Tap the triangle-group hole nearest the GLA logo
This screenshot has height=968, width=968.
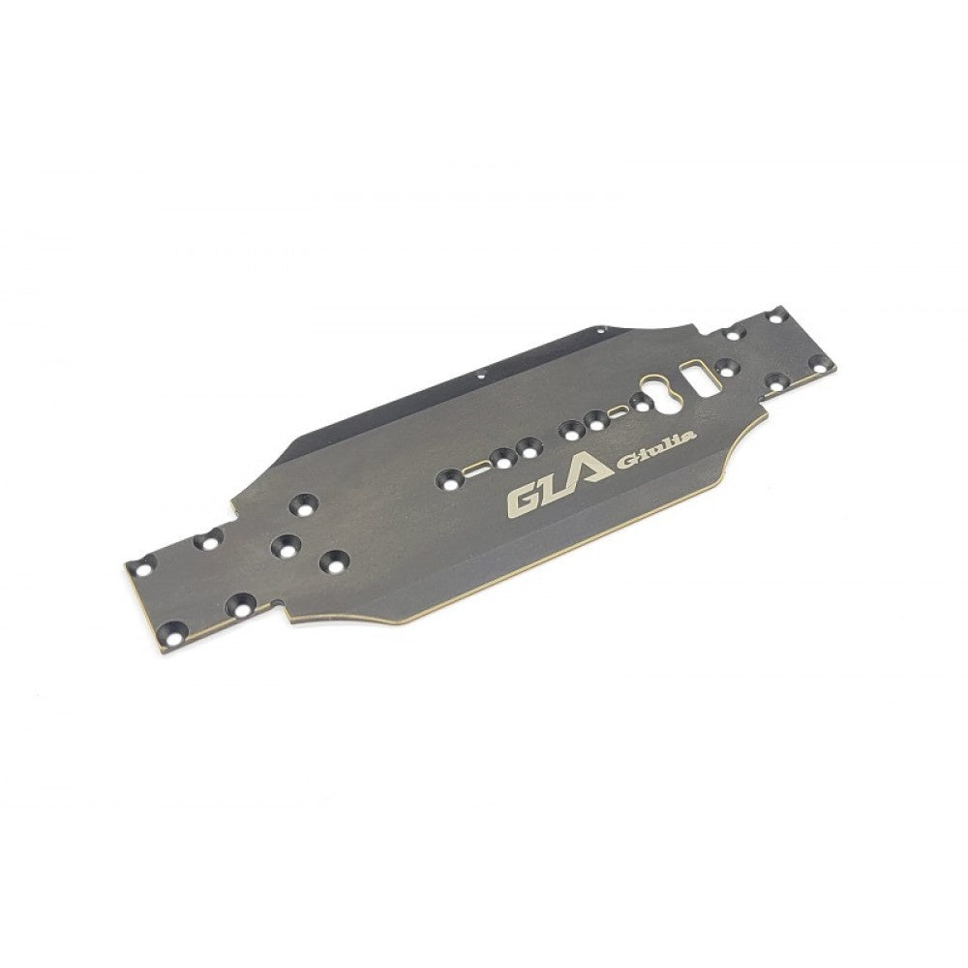(x=336, y=559)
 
